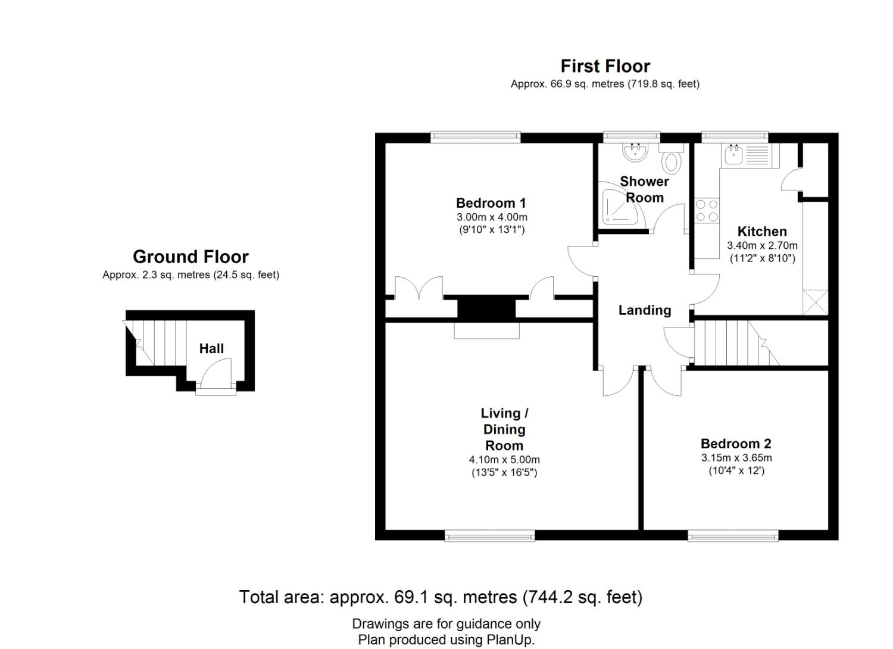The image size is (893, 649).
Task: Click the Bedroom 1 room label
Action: coord(491,203)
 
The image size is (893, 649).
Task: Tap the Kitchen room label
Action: coord(762,232)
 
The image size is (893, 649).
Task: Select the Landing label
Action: coord(645,310)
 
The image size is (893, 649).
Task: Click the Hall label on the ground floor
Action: coord(211,348)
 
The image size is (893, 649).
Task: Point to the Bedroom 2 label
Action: coord(736,444)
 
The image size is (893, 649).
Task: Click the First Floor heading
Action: coord(605,66)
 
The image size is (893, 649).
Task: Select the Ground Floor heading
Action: coord(191,257)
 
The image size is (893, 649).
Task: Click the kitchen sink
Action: coord(733,155)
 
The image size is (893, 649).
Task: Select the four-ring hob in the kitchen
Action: coord(707,211)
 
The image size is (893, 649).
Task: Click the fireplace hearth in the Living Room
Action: coord(486,330)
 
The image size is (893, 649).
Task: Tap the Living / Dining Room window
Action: coord(489,536)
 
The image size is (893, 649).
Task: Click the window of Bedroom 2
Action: coord(733,536)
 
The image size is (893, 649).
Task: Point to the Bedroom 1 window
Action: coord(476,137)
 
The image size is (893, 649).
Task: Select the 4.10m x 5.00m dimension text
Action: coord(504,460)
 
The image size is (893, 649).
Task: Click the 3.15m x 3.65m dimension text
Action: coord(736,458)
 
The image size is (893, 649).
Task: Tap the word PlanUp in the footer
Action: coord(513,640)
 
